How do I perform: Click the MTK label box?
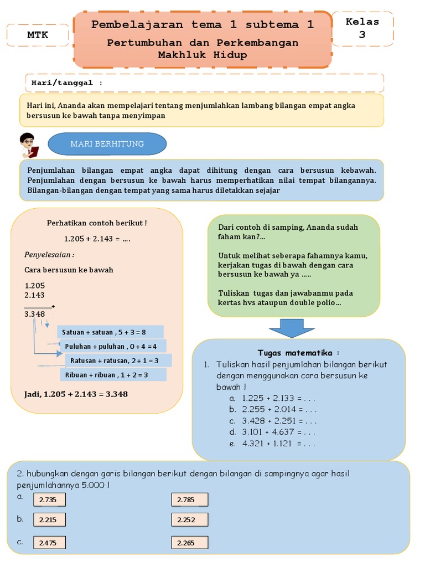[38, 35]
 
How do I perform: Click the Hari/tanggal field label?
[64, 83]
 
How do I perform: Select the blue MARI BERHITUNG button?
[107, 144]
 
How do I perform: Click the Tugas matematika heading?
[299, 353]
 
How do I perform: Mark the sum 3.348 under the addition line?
[35, 314]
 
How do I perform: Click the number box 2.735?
[49, 500]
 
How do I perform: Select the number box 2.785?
[190, 500]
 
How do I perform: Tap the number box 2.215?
[49, 519]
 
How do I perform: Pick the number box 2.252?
[190, 519]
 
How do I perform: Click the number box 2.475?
[49, 543]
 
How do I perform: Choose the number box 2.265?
[190, 543]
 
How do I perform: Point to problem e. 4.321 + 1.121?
[273, 444]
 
